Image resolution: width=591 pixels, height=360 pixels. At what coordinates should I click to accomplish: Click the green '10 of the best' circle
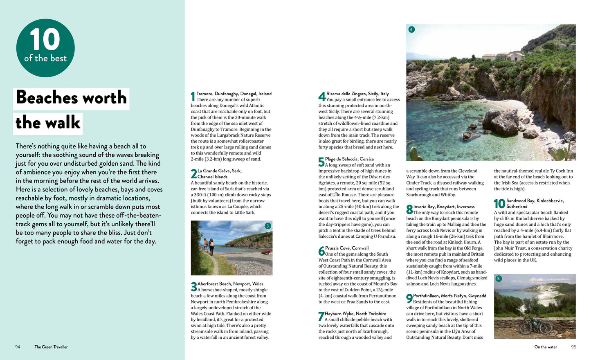(x=45, y=48)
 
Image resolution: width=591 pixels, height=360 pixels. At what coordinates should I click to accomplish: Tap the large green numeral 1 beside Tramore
(x=193, y=97)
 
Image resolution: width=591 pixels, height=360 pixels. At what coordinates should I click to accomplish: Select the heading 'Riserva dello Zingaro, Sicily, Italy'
(x=357, y=94)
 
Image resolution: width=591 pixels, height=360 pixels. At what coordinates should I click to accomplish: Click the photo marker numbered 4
(x=411, y=29)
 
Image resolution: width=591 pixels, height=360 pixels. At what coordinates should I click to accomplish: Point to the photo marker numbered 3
(x=267, y=226)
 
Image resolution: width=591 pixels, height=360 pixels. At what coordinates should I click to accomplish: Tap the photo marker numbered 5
(x=498, y=279)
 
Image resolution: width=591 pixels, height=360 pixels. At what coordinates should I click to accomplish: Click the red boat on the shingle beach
(x=266, y=252)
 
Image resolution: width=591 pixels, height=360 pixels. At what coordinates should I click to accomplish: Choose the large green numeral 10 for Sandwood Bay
(x=499, y=204)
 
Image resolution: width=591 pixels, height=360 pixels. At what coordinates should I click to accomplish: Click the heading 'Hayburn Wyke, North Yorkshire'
(x=355, y=314)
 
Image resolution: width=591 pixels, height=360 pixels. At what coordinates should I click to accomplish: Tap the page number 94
(x=18, y=347)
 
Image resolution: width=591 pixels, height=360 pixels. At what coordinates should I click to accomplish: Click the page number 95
(x=573, y=347)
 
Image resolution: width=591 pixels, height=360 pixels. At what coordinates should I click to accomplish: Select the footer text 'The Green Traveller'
(x=51, y=347)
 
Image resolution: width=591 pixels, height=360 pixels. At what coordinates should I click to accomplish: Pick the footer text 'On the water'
(x=546, y=347)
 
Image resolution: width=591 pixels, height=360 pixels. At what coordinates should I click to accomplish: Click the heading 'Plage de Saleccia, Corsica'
(x=349, y=159)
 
